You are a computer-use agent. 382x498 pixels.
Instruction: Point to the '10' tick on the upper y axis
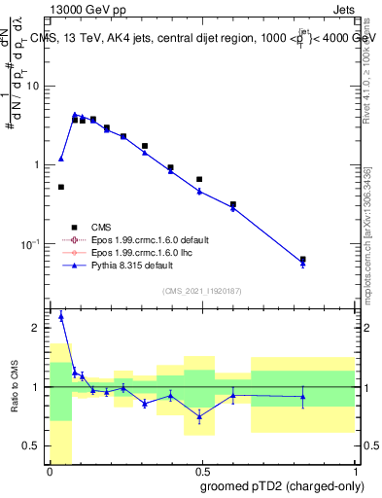33,86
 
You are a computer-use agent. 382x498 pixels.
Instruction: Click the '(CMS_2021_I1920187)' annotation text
202,291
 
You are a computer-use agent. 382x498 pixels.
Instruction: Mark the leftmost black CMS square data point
61,187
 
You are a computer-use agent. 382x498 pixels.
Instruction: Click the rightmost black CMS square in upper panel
303,260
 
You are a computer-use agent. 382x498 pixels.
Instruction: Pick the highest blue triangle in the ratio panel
61,316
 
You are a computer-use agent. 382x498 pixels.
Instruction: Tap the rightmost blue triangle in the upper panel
303,264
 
